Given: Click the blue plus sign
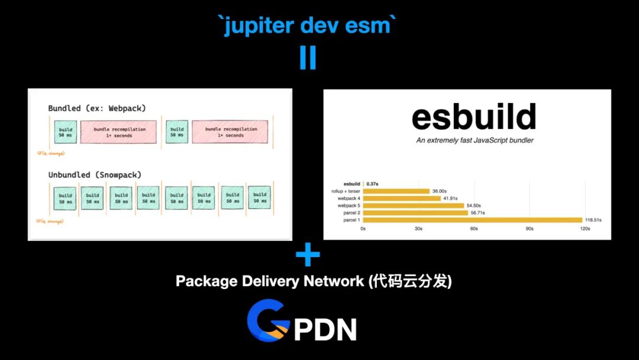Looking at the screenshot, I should (x=308, y=255).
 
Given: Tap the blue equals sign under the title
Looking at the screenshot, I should (x=308, y=57).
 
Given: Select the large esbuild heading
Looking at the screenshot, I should (x=474, y=117).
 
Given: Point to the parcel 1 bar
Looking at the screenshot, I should (x=473, y=220).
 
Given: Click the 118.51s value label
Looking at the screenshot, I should (x=593, y=220).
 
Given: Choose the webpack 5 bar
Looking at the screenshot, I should (x=414, y=205).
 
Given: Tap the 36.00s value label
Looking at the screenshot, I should (x=439, y=191).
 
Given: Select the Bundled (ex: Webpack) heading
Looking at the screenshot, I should (x=97, y=108).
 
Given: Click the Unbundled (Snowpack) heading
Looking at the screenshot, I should (x=95, y=175).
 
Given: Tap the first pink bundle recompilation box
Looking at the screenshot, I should (x=118, y=133).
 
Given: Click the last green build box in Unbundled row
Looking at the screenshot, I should (x=259, y=198).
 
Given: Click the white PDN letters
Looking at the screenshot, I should (x=325, y=330).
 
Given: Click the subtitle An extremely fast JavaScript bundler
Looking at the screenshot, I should (x=474, y=140).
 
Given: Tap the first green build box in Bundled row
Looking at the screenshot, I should (x=66, y=133).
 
